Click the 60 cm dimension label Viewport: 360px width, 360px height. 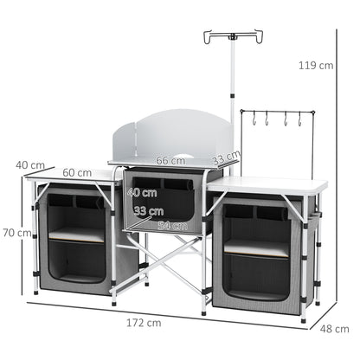[77, 172]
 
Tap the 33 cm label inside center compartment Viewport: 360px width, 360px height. [149, 211]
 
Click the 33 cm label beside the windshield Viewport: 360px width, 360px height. [227, 157]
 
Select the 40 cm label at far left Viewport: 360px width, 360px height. [30, 164]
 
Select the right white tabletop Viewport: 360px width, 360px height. [268, 185]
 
